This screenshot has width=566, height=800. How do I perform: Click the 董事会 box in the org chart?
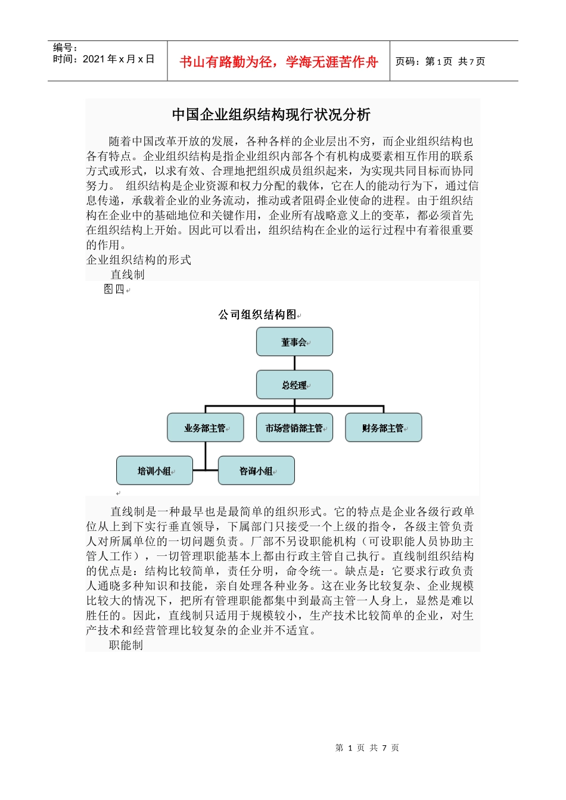point(294,342)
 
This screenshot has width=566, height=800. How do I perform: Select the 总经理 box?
point(294,385)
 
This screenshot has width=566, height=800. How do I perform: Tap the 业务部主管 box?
point(205,427)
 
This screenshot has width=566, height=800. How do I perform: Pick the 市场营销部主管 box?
point(294,427)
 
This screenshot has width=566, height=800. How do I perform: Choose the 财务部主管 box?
point(383,427)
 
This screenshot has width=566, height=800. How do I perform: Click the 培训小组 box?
point(154,470)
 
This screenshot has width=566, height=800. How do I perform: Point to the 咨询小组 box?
point(256,470)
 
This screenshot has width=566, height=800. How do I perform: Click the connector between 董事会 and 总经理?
point(294,363)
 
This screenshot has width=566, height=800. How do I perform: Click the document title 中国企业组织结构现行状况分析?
point(271,114)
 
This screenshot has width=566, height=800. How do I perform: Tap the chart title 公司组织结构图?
point(257,314)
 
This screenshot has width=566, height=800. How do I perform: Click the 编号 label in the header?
point(65,48)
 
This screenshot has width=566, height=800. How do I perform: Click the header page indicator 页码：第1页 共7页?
point(440,61)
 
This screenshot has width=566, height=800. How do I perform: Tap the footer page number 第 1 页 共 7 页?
point(367,748)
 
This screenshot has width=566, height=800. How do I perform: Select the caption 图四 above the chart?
point(114,289)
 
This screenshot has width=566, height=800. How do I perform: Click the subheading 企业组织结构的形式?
point(139,260)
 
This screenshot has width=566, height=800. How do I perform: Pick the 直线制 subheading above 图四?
point(127,274)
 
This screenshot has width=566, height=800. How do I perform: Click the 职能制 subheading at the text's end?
point(126,645)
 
